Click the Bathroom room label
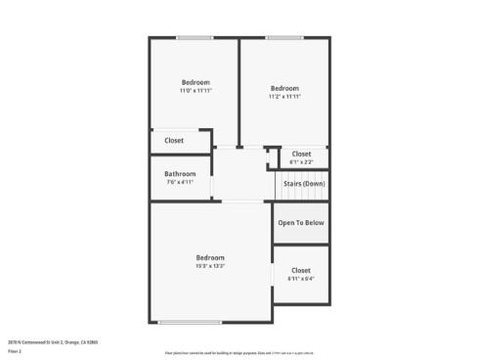coord(180,174)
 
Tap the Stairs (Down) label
coord(304,183)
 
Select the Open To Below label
coord(301,223)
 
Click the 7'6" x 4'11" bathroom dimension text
coord(180,182)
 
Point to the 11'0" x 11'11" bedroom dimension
coord(196,91)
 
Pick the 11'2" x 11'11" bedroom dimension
coord(284,97)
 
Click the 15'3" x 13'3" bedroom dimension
coord(210,265)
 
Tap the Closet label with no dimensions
coord(174,141)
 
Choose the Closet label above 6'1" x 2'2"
coord(301,154)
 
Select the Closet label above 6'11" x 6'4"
coord(301,270)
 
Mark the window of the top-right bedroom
coord(283,38)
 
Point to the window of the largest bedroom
coord(191,322)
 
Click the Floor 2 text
coord(14,349)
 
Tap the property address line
coord(53,341)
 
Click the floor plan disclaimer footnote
coord(239,352)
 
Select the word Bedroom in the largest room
coord(210,257)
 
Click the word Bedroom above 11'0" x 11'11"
coord(196,82)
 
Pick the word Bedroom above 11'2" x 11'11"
coord(284,88)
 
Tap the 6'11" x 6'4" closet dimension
coord(301,279)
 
